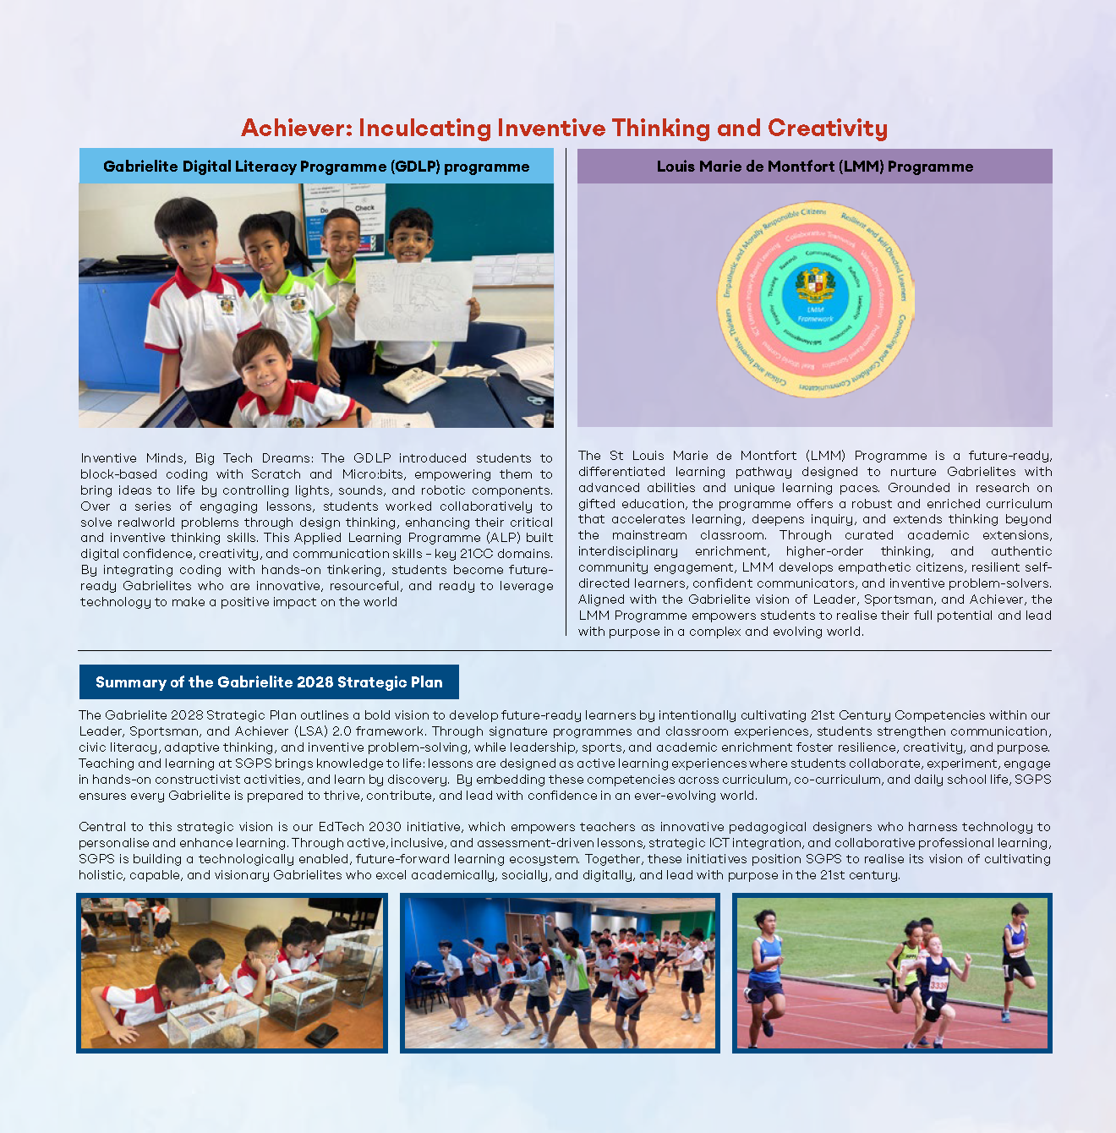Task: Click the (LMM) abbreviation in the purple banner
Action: [x=825, y=167]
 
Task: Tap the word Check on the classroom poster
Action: [x=364, y=208]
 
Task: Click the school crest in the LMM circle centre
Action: [x=815, y=285]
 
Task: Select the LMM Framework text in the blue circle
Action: [x=815, y=315]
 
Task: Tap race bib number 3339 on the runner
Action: [x=938, y=985]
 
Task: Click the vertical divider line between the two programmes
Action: [x=566, y=389]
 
